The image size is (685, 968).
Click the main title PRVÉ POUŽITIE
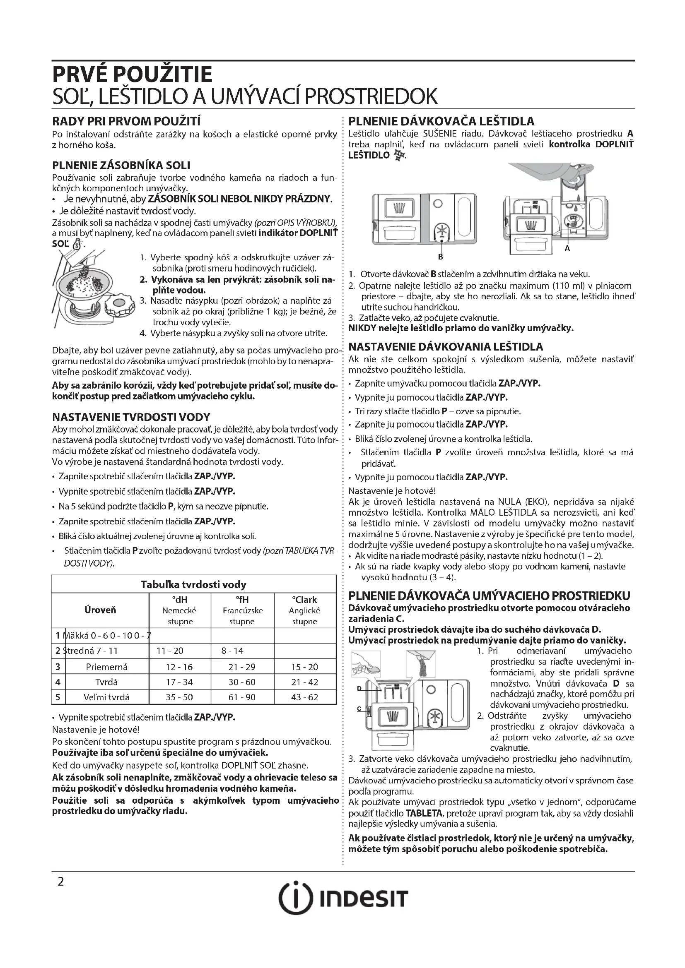[132, 74]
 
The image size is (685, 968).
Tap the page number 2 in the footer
[61, 882]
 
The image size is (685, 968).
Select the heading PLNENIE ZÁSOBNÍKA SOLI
[121, 165]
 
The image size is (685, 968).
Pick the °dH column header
[180, 600]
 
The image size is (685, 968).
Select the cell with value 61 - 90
[242, 697]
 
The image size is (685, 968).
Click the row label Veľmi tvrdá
[106, 697]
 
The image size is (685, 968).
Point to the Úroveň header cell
[100, 610]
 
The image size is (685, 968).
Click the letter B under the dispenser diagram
[440, 256]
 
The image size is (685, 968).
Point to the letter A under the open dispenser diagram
[567, 249]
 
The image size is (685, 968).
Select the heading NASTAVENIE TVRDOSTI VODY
[131, 417]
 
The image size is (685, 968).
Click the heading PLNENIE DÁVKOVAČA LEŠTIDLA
[441, 121]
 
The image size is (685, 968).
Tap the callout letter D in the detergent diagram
[359, 689]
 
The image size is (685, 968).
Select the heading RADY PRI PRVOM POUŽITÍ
[126, 121]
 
